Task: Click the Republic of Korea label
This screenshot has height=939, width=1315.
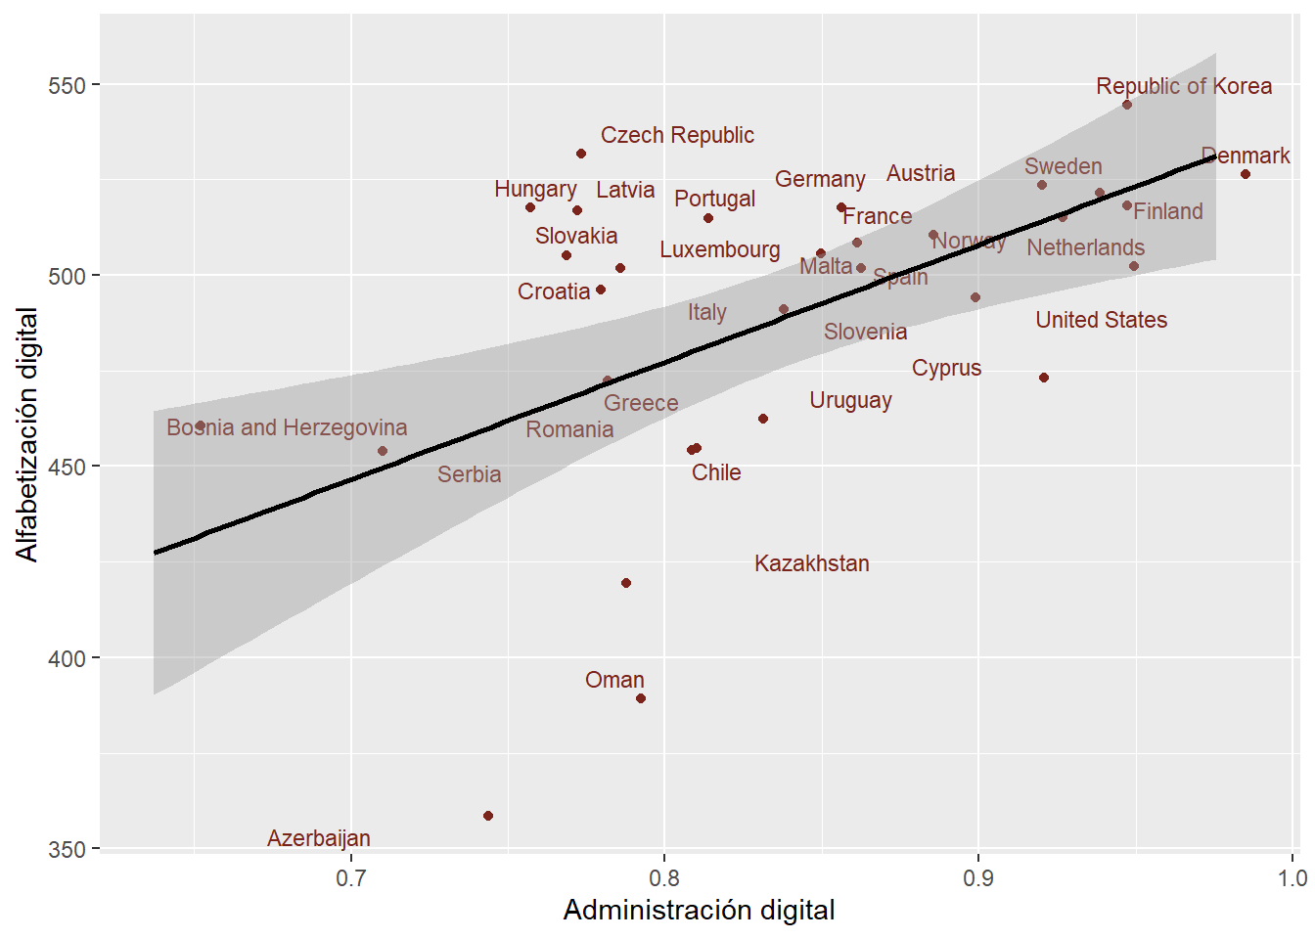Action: click(x=1184, y=86)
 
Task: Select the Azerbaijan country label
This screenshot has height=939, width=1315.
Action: click(x=319, y=838)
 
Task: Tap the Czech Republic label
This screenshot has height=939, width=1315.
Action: click(x=677, y=135)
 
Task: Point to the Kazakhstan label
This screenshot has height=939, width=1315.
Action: click(x=811, y=563)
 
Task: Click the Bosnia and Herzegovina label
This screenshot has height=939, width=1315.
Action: click(x=287, y=427)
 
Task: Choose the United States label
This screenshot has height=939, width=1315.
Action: click(x=1101, y=320)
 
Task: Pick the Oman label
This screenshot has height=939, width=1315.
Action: click(x=614, y=680)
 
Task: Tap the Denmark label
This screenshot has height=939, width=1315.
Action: click(x=1245, y=156)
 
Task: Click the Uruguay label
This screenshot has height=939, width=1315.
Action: click(x=850, y=400)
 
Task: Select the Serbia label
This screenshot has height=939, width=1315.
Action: click(x=469, y=474)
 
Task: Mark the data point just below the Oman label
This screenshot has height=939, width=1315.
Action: click(x=641, y=698)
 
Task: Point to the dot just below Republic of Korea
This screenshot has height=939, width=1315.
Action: click(x=1127, y=105)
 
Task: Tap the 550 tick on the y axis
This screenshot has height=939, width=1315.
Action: click(x=68, y=85)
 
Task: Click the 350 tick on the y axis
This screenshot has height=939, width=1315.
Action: click(x=68, y=849)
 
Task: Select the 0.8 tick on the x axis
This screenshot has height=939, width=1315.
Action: click(x=664, y=877)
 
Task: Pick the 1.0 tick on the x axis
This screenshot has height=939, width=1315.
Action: click(x=1292, y=877)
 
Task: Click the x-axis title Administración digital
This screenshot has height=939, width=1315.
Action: click(x=699, y=911)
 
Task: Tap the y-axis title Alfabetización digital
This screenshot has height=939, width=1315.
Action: click(x=27, y=434)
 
